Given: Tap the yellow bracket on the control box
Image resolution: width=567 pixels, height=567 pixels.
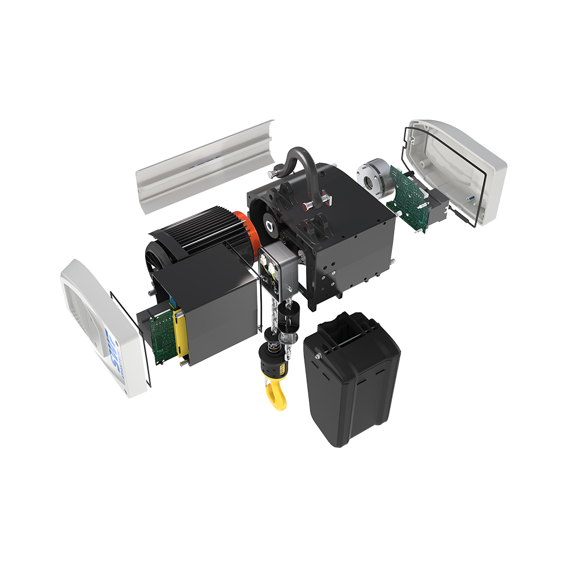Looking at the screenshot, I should [x=181, y=335].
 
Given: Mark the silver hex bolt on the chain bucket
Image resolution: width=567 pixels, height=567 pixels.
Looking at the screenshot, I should [x=320, y=356].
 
